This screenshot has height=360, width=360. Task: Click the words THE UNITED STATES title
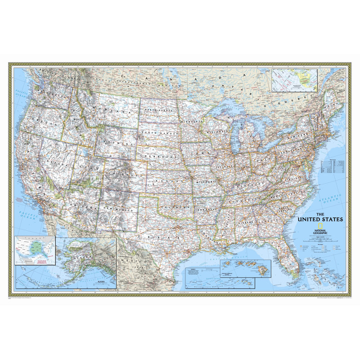(x=321, y=216)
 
